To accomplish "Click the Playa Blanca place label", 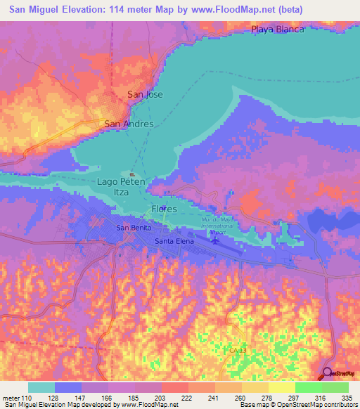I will tap(278, 30).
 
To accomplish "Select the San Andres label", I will tap(129, 124).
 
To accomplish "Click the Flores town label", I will tap(163, 209).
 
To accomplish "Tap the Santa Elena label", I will tap(174, 241).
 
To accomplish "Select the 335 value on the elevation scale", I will tap(347, 397).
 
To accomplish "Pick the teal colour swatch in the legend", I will tap(41, 387).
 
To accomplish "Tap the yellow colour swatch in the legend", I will tap(281, 387).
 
